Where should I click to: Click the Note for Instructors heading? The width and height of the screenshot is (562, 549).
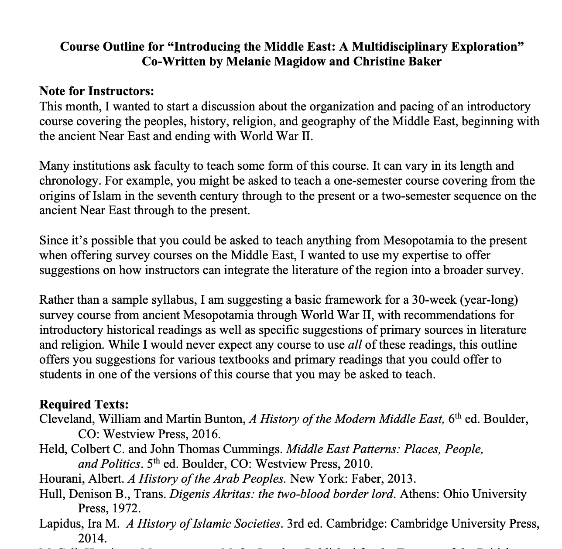click(x=96, y=91)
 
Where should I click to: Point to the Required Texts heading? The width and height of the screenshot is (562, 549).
click(x=84, y=405)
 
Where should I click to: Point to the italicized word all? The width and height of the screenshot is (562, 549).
click(x=355, y=345)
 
